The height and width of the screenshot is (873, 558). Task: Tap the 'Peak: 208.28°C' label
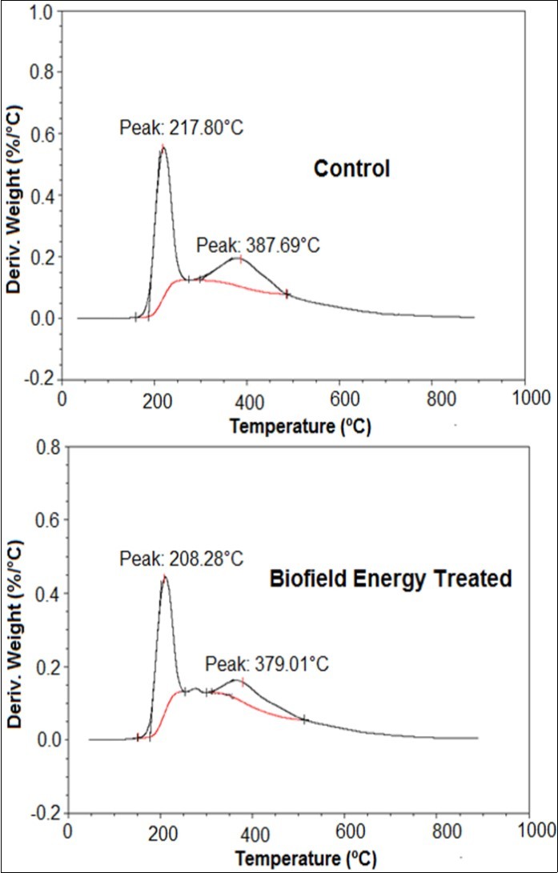pos(181,559)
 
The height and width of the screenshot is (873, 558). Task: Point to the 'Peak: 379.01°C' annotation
pos(267,664)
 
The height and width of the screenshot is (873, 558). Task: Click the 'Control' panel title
pos(351,169)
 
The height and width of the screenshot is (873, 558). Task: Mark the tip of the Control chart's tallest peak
pos(163,147)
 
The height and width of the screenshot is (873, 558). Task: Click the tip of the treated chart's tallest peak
pos(164,577)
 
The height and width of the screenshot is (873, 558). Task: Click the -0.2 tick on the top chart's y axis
pos(45,380)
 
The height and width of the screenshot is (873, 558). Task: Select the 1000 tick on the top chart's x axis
pos(526,398)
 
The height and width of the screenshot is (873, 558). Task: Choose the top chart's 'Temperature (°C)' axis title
pos(300,426)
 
